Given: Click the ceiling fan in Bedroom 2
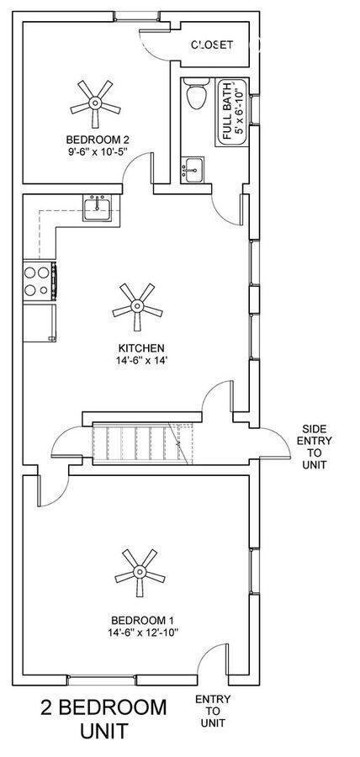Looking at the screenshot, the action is click(x=95, y=103).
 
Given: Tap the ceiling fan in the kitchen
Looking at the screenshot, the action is click(x=137, y=307).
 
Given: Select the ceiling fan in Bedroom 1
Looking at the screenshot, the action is click(x=140, y=573).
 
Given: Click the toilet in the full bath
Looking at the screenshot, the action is click(x=197, y=93).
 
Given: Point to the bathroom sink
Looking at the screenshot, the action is click(x=192, y=170).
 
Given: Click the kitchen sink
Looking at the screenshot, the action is click(x=97, y=208).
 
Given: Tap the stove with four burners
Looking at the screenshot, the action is click(x=40, y=281).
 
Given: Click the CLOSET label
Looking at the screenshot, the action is click(x=212, y=45).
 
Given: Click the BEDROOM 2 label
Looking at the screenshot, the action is click(x=98, y=140).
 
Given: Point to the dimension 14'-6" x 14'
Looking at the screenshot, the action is click(x=141, y=360).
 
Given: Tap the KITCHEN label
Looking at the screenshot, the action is click(x=141, y=347).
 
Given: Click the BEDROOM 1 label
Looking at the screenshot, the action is click(x=142, y=620).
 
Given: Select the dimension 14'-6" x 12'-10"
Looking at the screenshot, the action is click(x=143, y=632).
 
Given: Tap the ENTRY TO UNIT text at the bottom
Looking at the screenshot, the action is click(x=213, y=711).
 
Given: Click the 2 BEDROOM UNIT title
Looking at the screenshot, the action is click(x=103, y=719).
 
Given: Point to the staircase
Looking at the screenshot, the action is click(x=142, y=442).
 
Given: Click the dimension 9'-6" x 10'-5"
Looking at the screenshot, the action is click(x=98, y=151).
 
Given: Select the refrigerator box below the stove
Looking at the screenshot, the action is click(x=40, y=322).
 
